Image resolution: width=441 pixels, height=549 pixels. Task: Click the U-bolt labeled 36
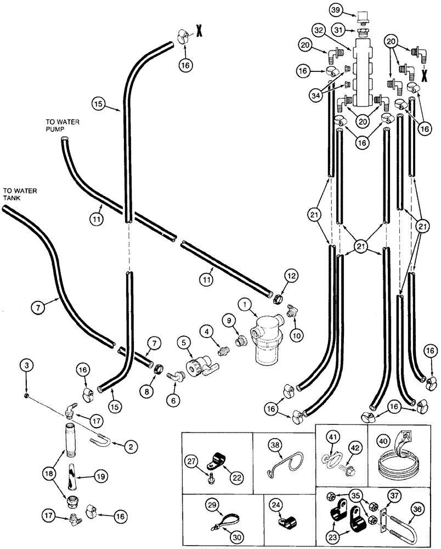point(412,518)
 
